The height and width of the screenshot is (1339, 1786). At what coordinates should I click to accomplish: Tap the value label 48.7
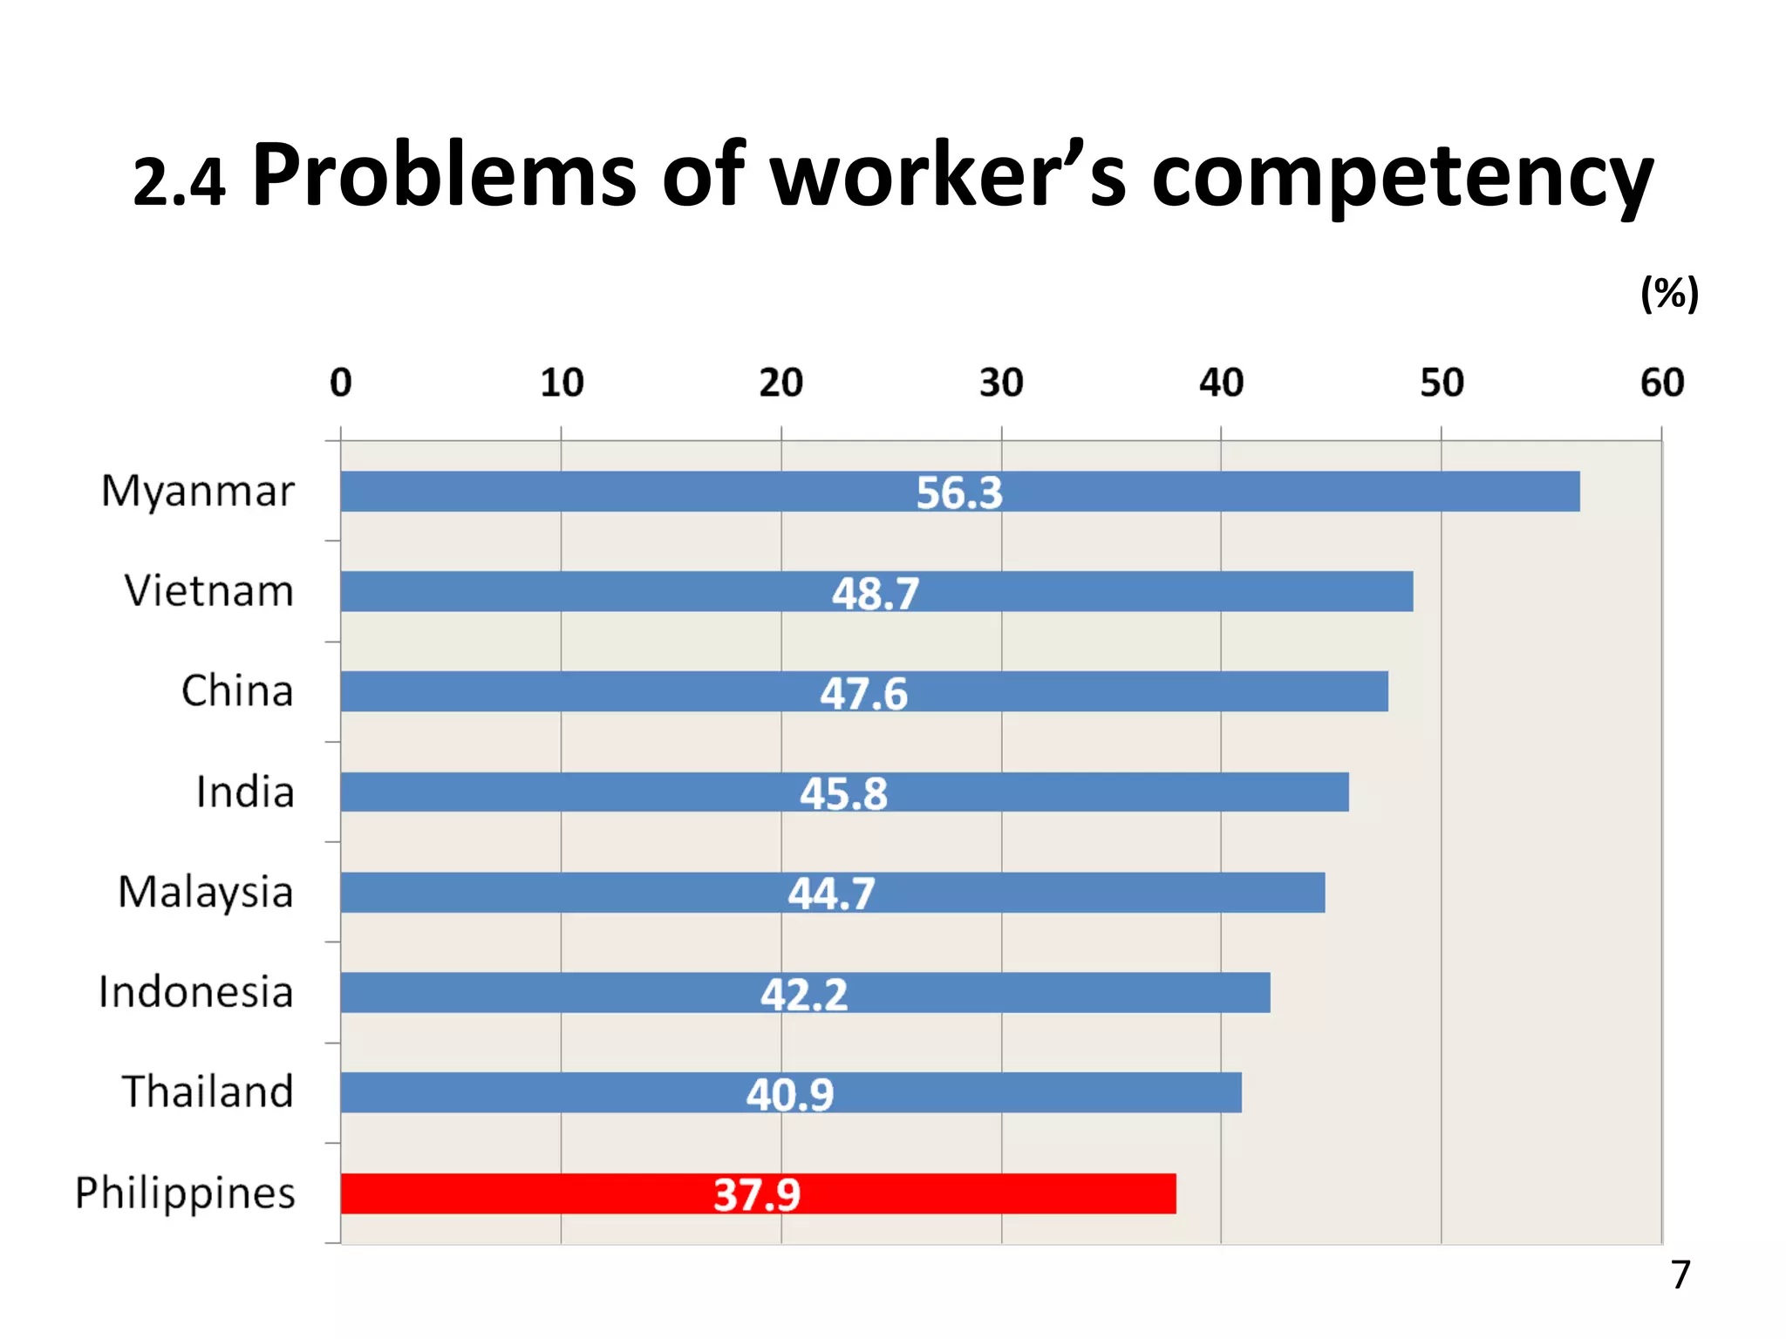tap(875, 594)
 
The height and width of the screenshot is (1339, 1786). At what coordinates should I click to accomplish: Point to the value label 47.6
tap(863, 694)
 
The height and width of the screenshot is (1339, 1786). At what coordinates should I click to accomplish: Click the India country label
tap(244, 792)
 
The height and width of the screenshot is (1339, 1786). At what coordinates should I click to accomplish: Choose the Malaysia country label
tap(205, 893)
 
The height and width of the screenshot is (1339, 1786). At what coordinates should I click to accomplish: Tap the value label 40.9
tap(789, 1094)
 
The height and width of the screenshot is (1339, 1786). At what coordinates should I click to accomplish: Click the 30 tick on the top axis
tap(1000, 383)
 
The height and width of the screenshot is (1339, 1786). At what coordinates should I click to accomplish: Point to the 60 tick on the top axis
tap(1661, 383)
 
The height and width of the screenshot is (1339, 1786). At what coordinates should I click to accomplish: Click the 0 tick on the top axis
tap(341, 383)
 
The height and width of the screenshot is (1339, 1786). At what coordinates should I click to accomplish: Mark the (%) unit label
tap(1668, 293)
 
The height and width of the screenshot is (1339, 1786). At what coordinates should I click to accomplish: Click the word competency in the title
tap(1401, 179)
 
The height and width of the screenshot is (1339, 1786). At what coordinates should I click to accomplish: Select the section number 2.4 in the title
tap(179, 184)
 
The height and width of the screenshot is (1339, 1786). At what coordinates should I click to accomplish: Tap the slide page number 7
tap(1680, 1274)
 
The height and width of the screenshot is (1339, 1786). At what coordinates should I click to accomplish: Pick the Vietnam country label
tap(208, 591)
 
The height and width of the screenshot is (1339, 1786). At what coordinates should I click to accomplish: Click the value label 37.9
tap(756, 1194)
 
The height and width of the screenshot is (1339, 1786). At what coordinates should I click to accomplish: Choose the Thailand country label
tap(207, 1091)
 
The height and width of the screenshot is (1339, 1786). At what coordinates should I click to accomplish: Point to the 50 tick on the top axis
tap(1441, 383)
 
